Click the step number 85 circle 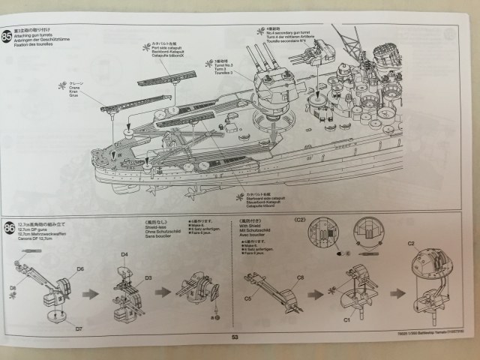pos(7,36)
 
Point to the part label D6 pos(79,268)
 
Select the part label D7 pos(79,327)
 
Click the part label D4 pos(124,255)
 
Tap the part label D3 pos(148,277)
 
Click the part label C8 pos(299,277)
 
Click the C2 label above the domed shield pos(410,244)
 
